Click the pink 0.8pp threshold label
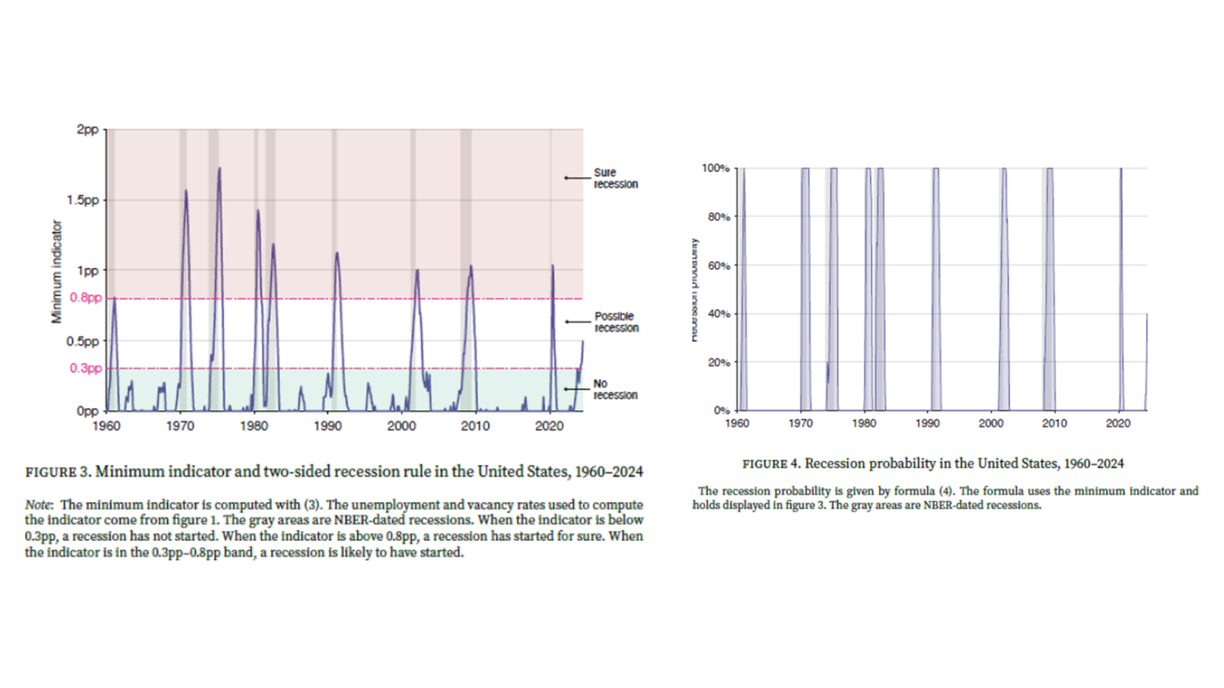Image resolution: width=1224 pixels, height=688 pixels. tap(85, 298)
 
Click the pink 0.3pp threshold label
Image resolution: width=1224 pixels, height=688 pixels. tap(85, 368)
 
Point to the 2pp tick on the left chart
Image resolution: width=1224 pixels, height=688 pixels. tap(88, 129)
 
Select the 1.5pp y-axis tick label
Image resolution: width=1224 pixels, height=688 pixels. tap(83, 200)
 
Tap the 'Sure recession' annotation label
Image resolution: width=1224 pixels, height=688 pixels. tap(615, 178)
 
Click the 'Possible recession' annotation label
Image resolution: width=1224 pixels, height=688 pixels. tap(616, 322)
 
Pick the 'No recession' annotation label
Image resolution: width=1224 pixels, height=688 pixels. tap(614, 389)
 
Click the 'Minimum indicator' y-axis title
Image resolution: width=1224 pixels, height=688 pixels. tap(57, 272)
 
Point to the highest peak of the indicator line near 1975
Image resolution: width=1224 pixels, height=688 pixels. tap(219, 168)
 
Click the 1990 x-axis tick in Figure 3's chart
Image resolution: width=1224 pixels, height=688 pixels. tap(328, 426)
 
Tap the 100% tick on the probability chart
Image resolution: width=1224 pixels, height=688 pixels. tap(715, 168)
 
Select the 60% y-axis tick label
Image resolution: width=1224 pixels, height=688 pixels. tap(718, 265)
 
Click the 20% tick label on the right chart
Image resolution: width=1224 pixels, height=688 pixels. tap(718, 362)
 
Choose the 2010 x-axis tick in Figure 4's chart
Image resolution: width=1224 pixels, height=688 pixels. tap(1054, 424)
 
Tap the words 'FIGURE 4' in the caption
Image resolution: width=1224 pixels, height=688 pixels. tap(770, 463)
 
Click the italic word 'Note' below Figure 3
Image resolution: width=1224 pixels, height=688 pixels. tap(38, 505)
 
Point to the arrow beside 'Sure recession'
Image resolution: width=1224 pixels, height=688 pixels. tap(576, 178)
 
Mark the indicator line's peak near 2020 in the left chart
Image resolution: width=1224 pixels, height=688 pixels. tap(552, 266)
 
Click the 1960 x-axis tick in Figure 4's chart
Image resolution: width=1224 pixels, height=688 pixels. tap(737, 424)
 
